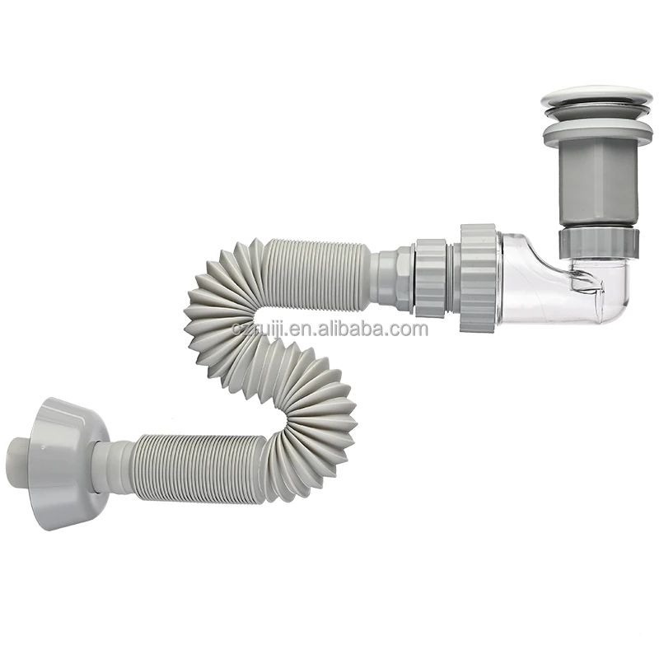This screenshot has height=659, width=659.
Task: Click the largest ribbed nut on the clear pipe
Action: click(x=478, y=277)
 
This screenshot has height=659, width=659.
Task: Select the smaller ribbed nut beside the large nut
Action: click(x=430, y=278)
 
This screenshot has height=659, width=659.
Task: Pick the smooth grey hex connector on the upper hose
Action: click(x=391, y=276)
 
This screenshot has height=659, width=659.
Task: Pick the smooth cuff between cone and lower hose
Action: click(x=115, y=465)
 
